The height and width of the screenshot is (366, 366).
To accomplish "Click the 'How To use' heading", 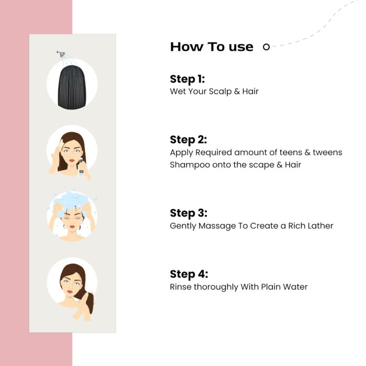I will coord(211,47).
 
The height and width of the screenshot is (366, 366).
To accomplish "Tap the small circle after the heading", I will coord(266,47).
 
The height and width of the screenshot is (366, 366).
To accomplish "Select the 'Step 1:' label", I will coord(187,79).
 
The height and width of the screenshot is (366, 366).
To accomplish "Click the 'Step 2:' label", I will coord(188,140).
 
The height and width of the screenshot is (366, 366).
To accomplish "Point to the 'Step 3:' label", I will coord(188,213).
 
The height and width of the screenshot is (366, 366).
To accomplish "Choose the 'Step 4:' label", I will coord(188,274).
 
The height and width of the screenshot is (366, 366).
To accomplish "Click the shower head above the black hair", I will coord(61,54).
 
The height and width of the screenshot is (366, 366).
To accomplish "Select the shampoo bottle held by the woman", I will coord(82,169).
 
